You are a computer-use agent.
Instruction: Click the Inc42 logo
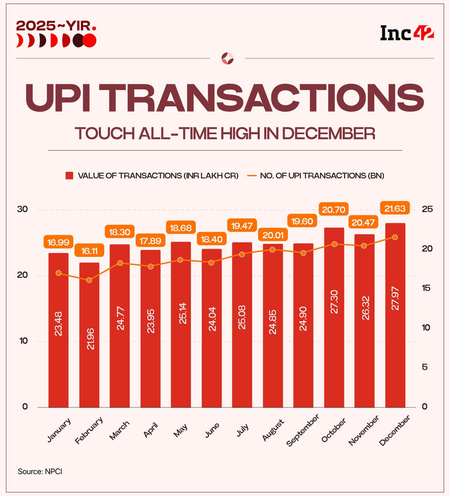(407, 33)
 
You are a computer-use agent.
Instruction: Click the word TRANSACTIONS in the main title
(274, 97)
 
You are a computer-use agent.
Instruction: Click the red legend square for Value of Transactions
(69, 176)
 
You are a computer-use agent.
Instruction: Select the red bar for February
(89, 335)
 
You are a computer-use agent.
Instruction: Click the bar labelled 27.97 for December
(395, 315)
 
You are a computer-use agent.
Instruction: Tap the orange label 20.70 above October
(334, 210)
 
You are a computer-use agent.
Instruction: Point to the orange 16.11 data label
(89, 251)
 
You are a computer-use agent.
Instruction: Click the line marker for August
(272, 249)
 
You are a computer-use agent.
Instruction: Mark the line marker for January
(59, 273)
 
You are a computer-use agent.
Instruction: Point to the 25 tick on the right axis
(427, 209)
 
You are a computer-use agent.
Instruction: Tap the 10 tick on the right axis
(426, 327)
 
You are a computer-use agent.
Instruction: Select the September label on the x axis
(303, 430)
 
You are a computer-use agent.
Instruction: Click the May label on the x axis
(181, 430)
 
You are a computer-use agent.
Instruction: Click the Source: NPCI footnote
(40, 471)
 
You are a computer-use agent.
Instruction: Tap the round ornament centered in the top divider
(227, 59)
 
